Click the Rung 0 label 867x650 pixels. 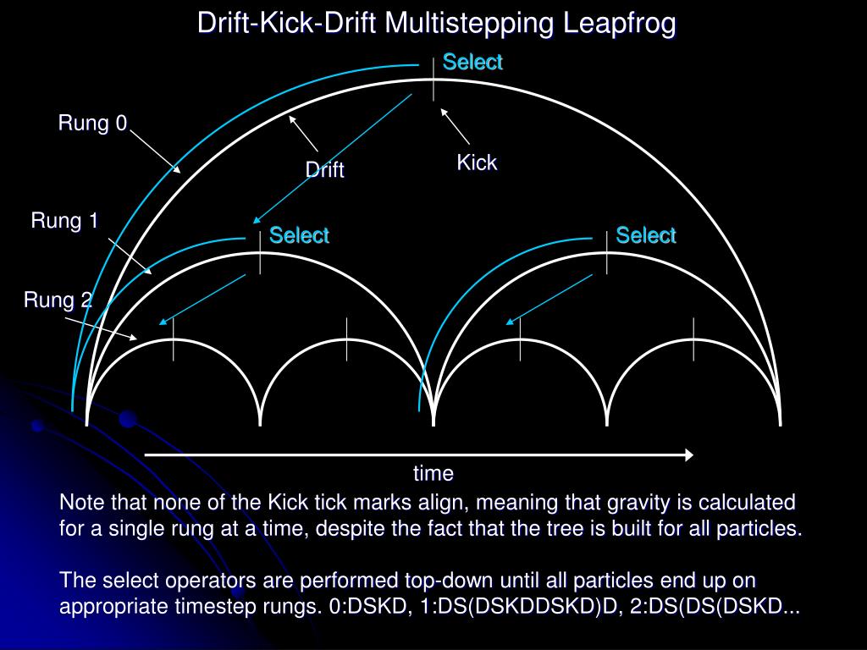[92, 124]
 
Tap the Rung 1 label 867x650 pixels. [64, 222]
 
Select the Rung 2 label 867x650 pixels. [58, 300]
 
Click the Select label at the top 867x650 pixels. [472, 62]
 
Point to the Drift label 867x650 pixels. [324, 170]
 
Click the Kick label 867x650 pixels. [477, 162]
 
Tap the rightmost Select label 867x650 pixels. [645, 235]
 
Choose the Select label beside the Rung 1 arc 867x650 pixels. [299, 235]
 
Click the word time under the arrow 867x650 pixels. [433, 473]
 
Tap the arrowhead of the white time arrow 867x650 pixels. [688, 455]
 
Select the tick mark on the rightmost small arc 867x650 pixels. [693, 338]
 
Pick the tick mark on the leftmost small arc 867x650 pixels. [174, 339]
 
